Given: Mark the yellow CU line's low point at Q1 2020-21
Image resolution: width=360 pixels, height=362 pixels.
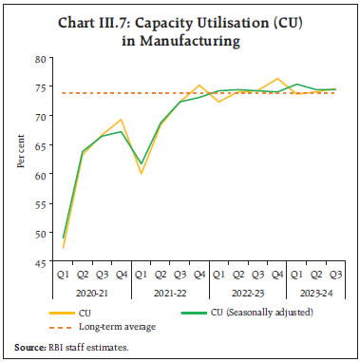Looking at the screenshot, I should (x=63, y=248).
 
